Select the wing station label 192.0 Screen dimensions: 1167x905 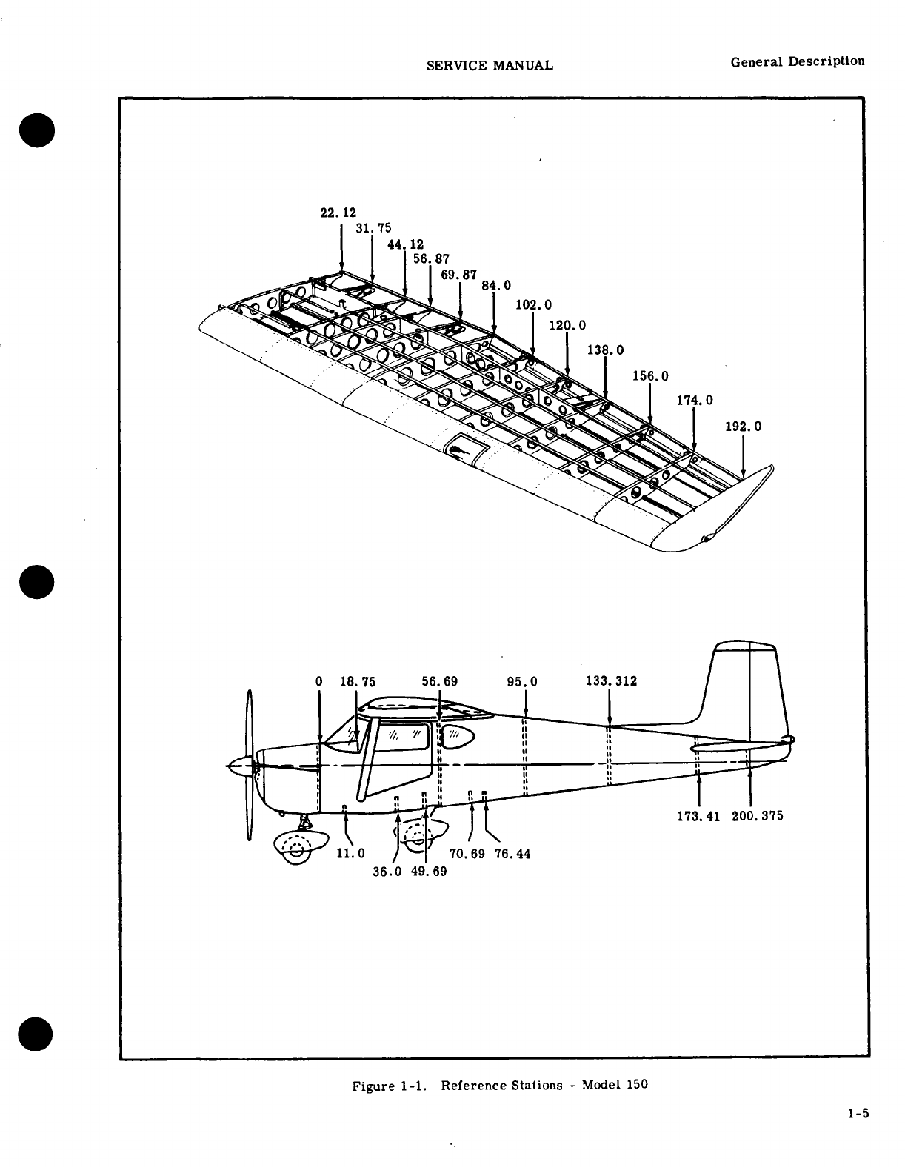pos(743,427)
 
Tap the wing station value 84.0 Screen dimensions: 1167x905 pos(496,286)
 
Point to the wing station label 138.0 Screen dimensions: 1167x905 pos(605,350)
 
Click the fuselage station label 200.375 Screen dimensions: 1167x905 pos(757,816)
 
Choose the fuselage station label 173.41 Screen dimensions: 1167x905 pos(699,816)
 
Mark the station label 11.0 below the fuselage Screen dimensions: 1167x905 pos(351,853)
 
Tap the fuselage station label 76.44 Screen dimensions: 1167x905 pos(512,854)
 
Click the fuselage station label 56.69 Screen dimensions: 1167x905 pos(439,681)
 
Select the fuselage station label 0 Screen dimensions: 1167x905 pos(318,681)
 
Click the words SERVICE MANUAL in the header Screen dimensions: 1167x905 pos(490,65)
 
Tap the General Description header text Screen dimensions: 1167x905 pos(797,61)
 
